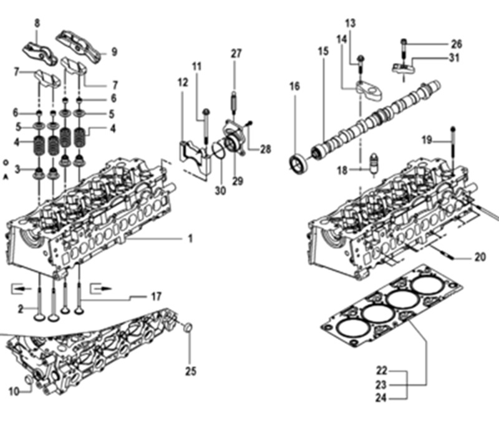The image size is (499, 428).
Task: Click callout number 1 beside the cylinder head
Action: point(190,238)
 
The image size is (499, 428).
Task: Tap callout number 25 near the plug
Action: point(191,371)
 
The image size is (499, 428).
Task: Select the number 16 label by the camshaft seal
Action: point(294,86)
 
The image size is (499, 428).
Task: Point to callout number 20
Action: point(479,257)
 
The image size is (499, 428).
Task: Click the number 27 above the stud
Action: point(236,54)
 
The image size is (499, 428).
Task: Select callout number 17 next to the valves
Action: point(156,297)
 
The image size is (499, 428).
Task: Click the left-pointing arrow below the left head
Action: point(20,288)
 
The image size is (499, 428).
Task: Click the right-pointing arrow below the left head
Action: point(100,288)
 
